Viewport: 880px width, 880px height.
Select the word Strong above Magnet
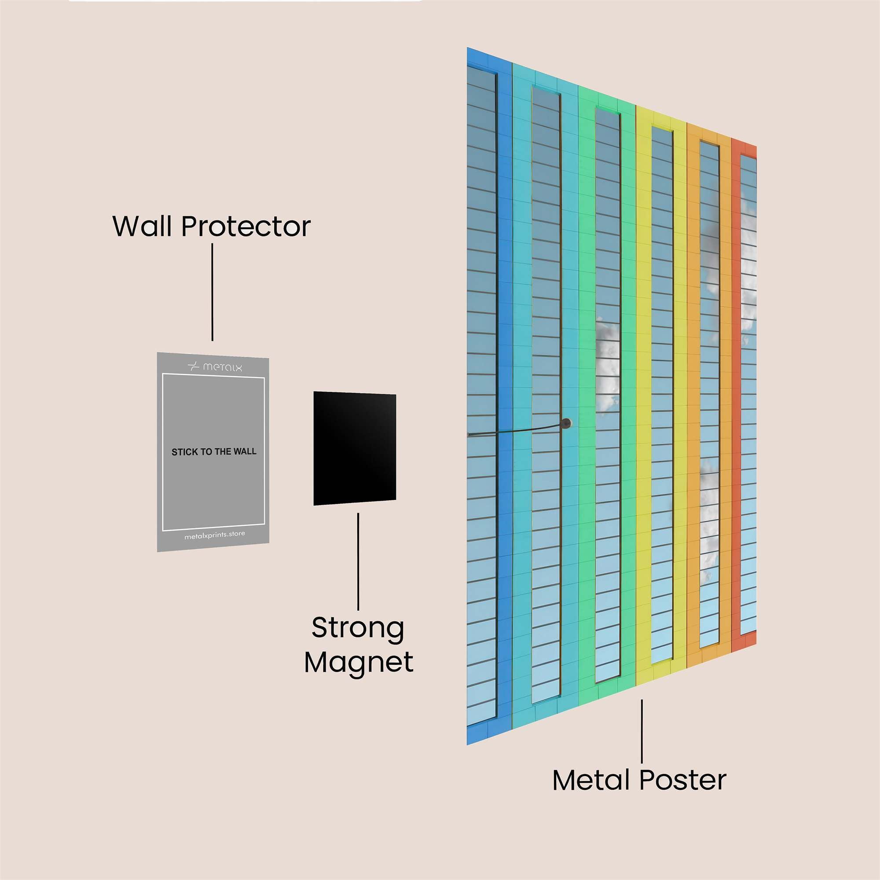(x=358, y=629)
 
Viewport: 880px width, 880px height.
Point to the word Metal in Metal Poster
(x=592, y=780)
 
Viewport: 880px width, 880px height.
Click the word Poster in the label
(x=683, y=780)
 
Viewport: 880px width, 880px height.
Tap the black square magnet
(x=354, y=448)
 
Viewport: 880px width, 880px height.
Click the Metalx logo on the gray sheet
(x=215, y=367)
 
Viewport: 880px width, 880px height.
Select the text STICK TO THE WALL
(x=214, y=452)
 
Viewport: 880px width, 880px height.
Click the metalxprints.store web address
(x=215, y=535)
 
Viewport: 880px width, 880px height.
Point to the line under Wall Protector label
(x=212, y=292)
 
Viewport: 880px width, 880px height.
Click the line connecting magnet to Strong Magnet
(x=358, y=561)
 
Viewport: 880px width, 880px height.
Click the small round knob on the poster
(x=566, y=423)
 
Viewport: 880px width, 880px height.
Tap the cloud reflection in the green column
(x=607, y=364)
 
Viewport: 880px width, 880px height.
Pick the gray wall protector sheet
(x=213, y=452)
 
